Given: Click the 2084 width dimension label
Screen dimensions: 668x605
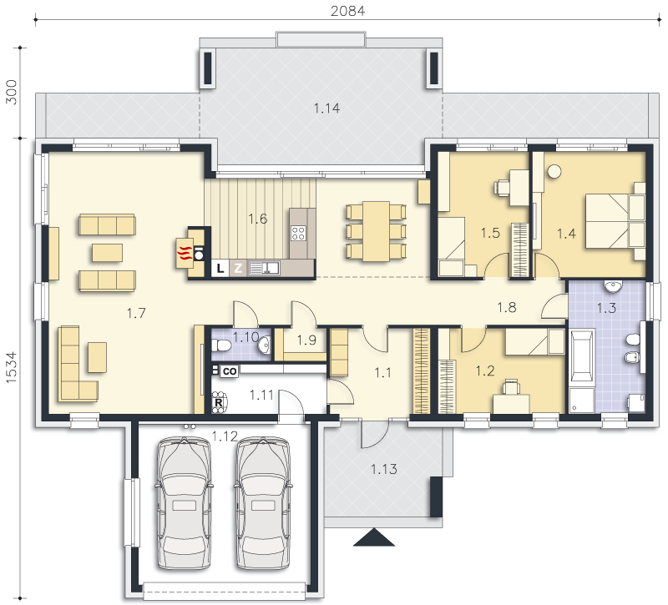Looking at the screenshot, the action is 347,11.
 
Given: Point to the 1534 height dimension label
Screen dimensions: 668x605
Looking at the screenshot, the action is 11,367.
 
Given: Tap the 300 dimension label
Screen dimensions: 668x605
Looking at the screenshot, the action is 11,92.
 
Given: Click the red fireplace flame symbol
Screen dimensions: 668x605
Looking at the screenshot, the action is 184,254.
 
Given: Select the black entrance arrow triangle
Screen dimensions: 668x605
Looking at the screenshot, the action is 374,537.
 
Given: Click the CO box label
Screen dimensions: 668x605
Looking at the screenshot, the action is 230,371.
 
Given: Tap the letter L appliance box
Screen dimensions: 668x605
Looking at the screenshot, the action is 220,268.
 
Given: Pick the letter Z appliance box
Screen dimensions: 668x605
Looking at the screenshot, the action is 238,268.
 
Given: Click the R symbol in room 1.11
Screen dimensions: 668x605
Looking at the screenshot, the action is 219,402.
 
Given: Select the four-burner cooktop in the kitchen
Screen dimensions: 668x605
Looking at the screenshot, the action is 298,233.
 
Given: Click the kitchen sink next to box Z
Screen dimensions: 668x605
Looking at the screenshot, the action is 264,268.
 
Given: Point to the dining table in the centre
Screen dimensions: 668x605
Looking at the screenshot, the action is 377,231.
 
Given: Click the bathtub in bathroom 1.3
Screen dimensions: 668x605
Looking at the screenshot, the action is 581,355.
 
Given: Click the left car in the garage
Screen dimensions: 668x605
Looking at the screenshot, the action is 184,503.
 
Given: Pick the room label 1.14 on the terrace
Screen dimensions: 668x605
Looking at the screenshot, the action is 326,108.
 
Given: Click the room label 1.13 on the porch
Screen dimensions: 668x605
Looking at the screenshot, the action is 383,469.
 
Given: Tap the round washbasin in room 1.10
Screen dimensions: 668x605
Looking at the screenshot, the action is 264,344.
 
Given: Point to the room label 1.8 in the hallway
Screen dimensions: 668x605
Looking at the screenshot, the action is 507,307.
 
